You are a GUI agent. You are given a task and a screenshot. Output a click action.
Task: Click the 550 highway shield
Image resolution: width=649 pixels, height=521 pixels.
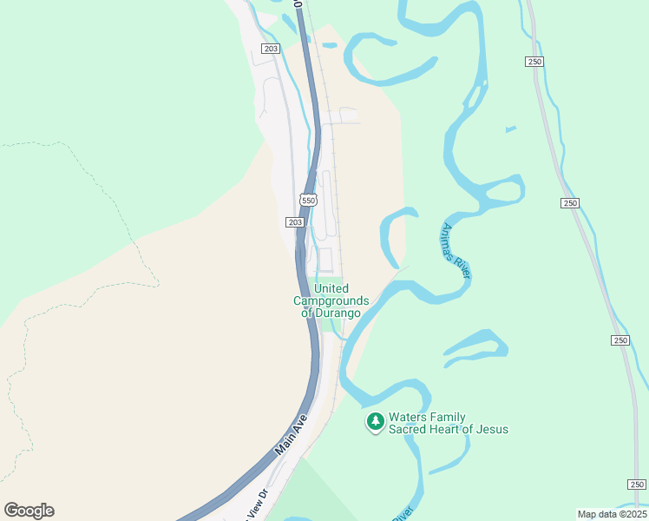pyautogui.click(x=308, y=200)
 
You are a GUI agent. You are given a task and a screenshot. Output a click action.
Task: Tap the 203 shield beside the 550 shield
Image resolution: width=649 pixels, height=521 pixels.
pyautogui.click(x=295, y=222)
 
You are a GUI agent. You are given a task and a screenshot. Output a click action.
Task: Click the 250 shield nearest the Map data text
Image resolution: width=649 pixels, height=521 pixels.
pyautogui.click(x=637, y=485)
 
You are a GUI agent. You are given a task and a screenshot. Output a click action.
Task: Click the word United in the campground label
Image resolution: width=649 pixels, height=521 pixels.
pyautogui.click(x=331, y=288)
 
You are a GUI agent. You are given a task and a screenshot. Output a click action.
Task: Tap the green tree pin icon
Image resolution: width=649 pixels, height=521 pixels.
pyautogui.click(x=375, y=422)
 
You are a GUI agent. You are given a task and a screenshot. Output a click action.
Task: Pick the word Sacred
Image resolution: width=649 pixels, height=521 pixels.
pyautogui.click(x=408, y=429)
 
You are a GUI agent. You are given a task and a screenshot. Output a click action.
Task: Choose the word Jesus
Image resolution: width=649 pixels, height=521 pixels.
pyautogui.click(x=490, y=429)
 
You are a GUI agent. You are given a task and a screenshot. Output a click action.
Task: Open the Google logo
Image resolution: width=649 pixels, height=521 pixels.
pyautogui.click(x=29, y=511)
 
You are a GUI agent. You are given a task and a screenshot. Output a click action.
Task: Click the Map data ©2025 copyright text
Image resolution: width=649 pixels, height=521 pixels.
pyautogui.click(x=612, y=514)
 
